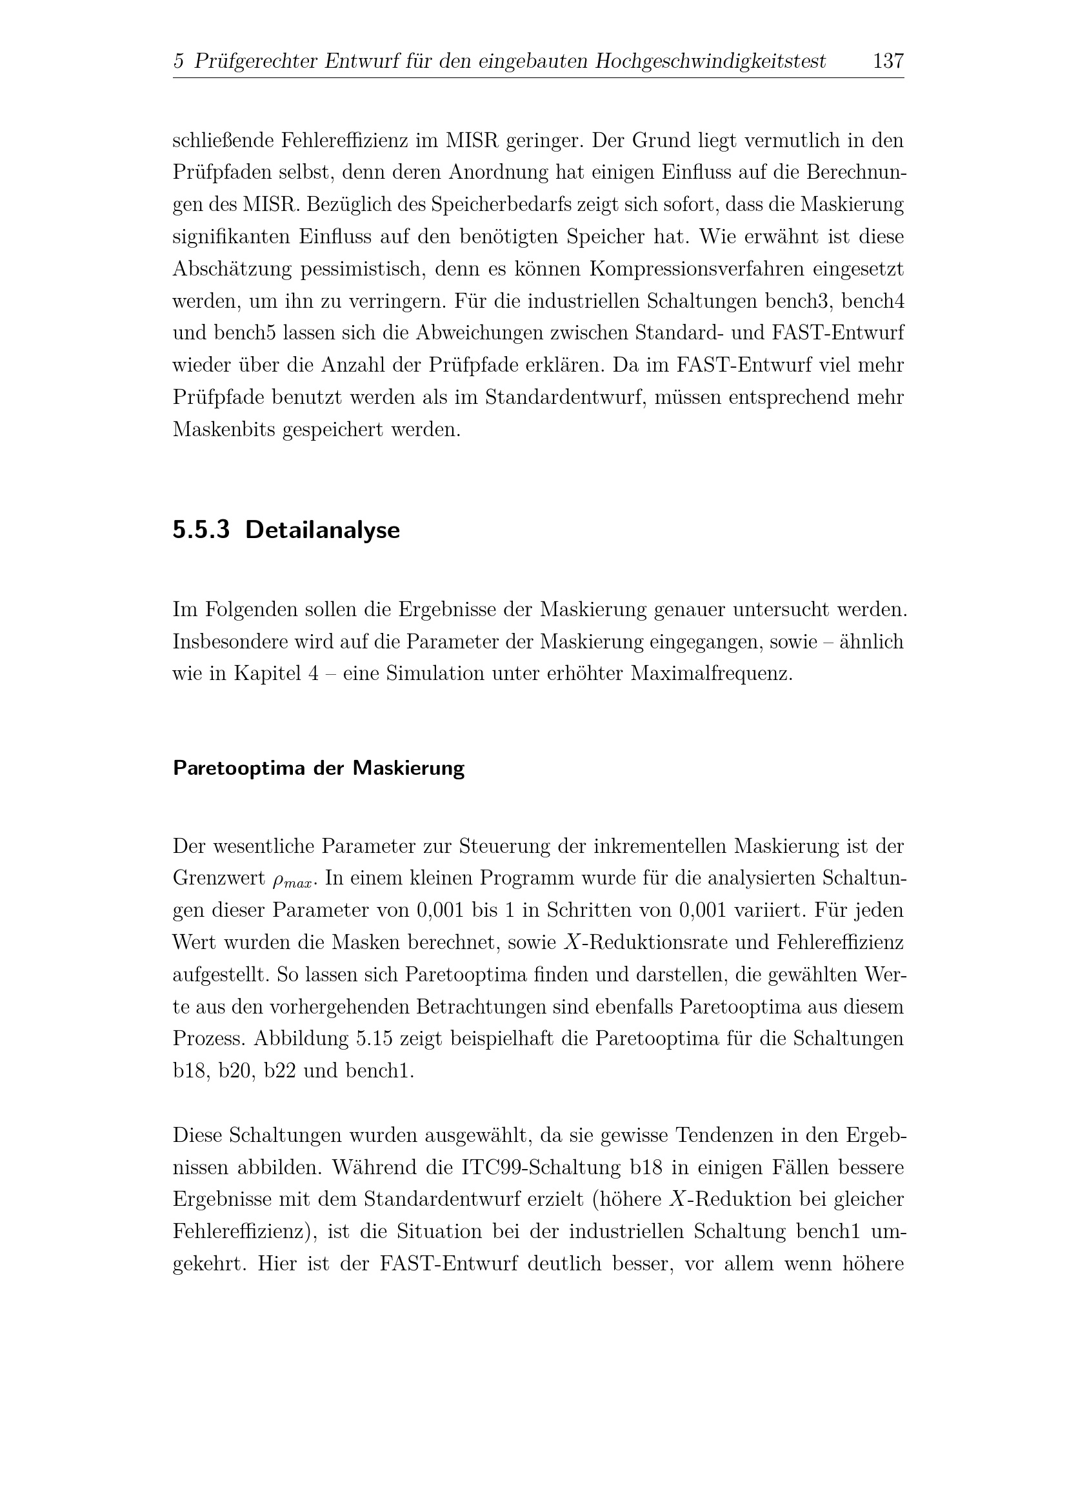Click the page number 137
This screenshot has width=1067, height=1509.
(888, 61)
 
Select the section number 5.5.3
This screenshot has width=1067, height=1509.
(201, 530)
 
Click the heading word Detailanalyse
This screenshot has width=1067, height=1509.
(322, 530)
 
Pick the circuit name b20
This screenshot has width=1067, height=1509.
(235, 1071)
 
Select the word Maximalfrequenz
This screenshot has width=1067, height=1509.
(711, 674)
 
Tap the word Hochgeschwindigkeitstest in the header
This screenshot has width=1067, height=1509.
(710, 61)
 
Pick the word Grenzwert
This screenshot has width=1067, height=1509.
(218, 878)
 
